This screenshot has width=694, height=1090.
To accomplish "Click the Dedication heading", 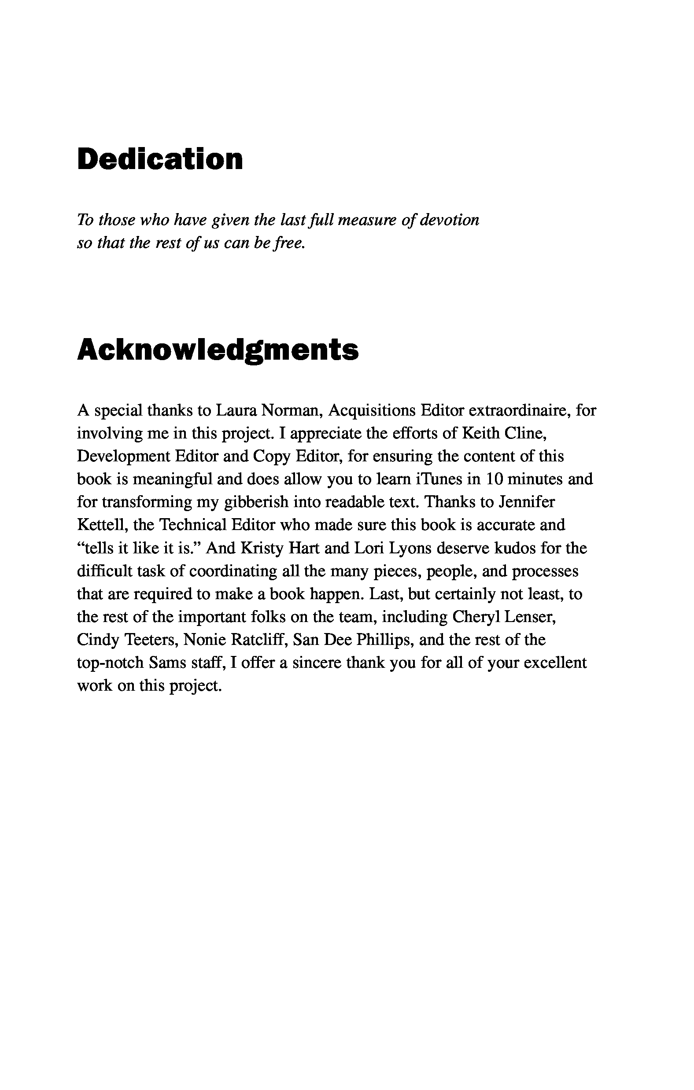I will coord(160,159).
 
